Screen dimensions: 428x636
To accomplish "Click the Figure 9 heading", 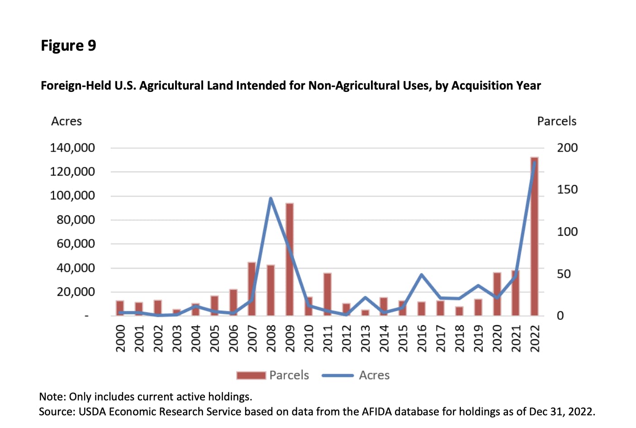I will pyautogui.click(x=68, y=46).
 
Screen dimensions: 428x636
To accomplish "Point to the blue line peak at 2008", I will pyautogui.click(x=271, y=199).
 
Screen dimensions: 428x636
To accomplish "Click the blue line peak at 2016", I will pyautogui.click(x=421, y=275).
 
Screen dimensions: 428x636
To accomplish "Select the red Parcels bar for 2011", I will pyautogui.click(x=327, y=294).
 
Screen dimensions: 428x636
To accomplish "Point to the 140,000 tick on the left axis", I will pyautogui.click(x=72, y=148).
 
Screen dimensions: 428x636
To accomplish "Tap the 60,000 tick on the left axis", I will pyautogui.click(x=76, y=244).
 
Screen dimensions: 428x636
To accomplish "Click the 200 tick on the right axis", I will pyautogui.click(x=567, y=148).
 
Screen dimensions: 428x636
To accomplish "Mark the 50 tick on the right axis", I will pyautogui.click(x=563, y=274).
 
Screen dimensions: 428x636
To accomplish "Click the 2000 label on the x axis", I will pyautogui.click(x=120, y=338).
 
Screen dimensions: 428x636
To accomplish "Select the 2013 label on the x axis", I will pyautogui.click(x=365, y=338).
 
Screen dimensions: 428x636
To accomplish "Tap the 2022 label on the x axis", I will pyautogui.click(x=535, y=338).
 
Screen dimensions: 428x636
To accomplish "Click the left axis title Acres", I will pyautogui.click(x=66, y=121).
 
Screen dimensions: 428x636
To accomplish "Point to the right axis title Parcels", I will pyautogui.click(x=556, y=121).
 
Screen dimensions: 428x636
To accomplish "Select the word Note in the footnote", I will pyautogui.click(x=51, y=397).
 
